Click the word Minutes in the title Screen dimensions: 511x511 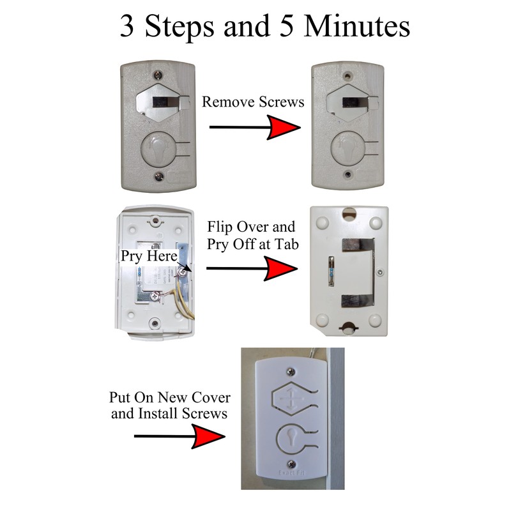(356, 26)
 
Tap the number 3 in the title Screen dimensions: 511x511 (127, 26)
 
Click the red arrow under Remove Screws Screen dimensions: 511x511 (255, 127)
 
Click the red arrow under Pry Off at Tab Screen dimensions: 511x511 (252, 268)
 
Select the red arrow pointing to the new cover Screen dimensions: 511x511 (179, 436)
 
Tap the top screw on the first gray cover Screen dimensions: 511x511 (158, 75)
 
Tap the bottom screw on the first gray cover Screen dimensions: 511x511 (158, 177)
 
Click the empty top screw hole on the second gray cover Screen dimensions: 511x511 (348, 76)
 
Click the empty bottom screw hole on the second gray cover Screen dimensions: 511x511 (348, 174)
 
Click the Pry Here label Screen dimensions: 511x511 (149, 256)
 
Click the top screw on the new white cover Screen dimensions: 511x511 (291, 372)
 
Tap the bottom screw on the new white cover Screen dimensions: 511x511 (291, 464)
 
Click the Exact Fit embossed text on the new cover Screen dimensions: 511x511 (291, 473)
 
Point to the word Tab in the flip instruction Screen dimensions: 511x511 (286, 245)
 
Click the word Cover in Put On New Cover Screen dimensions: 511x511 (211, 397)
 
